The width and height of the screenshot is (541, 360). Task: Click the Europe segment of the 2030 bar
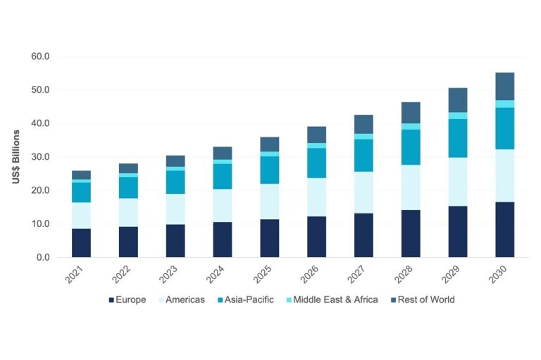(504, 230)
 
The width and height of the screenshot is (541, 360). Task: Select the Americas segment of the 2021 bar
(81, 216)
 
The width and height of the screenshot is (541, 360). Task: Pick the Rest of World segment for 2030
(504, 86)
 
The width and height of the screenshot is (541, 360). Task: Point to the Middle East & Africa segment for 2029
(457, 116)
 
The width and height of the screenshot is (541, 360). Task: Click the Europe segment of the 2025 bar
(269, 238)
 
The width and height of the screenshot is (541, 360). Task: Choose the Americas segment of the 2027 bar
(363, 192)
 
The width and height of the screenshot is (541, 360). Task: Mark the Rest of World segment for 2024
(223, 153)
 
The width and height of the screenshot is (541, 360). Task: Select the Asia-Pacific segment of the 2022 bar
(128, 187)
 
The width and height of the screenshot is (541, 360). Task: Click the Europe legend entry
(127, 299)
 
